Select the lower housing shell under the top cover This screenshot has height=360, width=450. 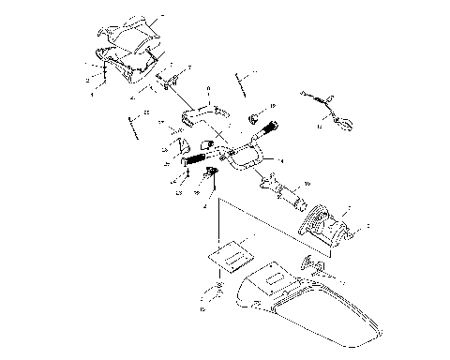[127, 64]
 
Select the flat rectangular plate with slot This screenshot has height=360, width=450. [231, 250]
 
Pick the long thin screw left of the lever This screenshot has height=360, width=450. [132, 124]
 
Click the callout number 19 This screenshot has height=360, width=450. [273, 106]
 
